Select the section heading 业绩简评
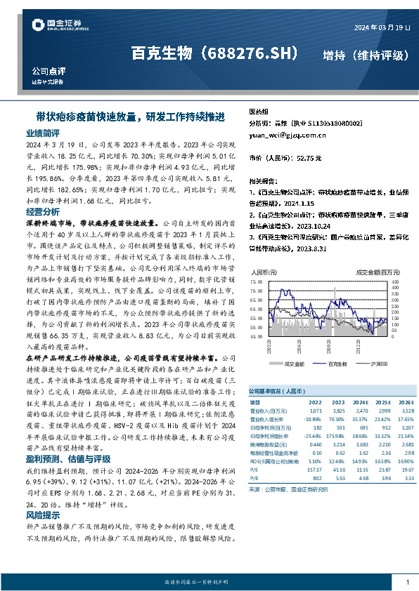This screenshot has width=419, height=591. (43, 133)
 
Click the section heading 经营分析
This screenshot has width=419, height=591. (43, 211)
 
